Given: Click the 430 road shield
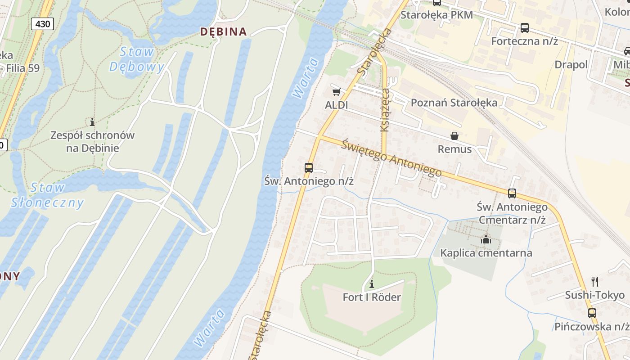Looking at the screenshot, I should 42,24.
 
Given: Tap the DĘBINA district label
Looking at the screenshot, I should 224,31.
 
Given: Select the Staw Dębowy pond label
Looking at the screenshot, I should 137,59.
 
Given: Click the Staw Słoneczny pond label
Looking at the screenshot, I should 47,195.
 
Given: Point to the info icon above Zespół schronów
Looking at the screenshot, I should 92,121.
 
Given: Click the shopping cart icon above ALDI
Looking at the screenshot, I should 336,92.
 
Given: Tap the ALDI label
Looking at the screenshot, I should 337,105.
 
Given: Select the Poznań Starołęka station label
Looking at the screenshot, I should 454,103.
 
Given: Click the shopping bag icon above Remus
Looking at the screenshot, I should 454,136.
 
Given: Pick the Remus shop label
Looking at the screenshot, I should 454,149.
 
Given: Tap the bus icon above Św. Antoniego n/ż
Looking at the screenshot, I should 309,168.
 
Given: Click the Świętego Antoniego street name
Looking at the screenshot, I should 391,158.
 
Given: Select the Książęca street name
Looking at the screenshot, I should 385,110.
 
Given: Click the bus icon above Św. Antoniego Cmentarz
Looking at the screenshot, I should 512,193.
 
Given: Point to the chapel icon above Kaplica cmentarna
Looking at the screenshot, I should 486,240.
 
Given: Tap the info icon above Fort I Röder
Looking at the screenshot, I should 372,284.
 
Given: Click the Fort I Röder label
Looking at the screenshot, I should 372,297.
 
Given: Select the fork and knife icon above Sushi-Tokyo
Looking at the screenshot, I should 595,282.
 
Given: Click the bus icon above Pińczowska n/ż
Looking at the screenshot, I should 592,313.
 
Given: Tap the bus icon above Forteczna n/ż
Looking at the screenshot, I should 525,28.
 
